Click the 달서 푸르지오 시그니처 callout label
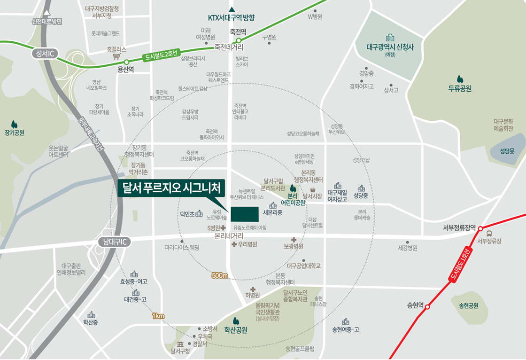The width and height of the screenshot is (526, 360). coord(171,189)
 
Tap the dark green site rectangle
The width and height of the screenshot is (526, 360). coord(244,214)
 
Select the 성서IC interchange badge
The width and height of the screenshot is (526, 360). coord(45,54)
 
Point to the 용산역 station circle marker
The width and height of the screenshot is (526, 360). coord(126,62)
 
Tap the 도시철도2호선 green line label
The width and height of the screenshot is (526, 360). coord(161,55)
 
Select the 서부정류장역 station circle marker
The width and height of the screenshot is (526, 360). coord(480,229)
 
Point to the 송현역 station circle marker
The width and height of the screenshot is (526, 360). coord(427,306)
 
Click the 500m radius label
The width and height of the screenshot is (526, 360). coord(219,275)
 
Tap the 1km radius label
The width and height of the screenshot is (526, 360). coord(158,316)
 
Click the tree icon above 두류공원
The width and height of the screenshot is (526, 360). coord(460,79)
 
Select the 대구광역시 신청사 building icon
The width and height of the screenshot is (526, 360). coord(390,38)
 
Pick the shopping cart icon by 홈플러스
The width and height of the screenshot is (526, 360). coord(117,57)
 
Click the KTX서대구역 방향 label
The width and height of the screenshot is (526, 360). coord(231,18)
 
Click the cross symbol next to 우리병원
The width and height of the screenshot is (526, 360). coord(234,244)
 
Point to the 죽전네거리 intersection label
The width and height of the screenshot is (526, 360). coord(229,47)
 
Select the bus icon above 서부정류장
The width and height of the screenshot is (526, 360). coord(489,234)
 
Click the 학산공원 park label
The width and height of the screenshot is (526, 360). coord(236,330)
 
